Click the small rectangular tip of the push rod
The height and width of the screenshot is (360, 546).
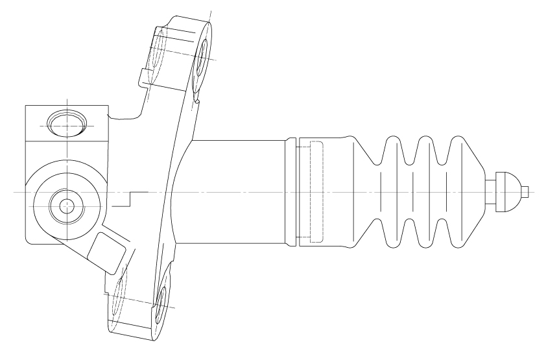(x=526, y=191)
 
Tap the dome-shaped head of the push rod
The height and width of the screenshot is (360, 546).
(x=508, y=191)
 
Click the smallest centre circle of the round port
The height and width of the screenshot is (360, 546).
(x=66, y=206)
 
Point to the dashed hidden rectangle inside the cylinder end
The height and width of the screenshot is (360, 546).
(x=313, y=191)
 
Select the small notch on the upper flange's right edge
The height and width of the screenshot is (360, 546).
(x=196, y=100)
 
